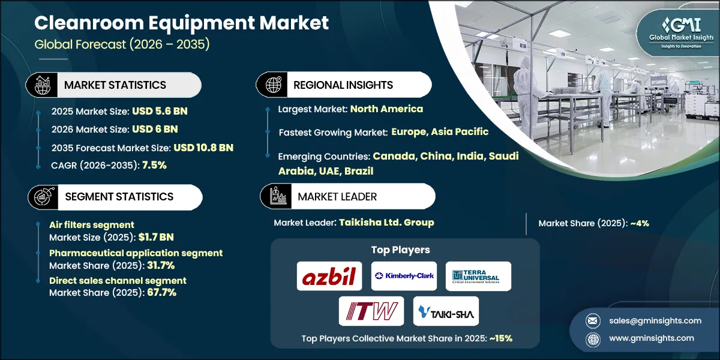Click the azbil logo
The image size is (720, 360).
click(329, 276)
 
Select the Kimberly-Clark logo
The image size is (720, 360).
click(404, 276)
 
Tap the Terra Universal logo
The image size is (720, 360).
click(478, 276)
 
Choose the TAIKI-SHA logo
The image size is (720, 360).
click(446, 311)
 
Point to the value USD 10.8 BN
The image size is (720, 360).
click(203, 148)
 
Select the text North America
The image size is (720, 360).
click(386, 109)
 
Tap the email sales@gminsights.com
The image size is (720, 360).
click(647, 320)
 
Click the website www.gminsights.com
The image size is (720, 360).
click(650, 338)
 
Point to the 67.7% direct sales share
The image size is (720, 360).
click(161, 293)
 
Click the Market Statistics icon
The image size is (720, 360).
click(44, 85)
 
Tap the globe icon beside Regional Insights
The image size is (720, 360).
click(274, 85)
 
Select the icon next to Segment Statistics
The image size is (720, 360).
click(44, 197)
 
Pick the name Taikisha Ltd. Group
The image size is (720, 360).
click(386, 223)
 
